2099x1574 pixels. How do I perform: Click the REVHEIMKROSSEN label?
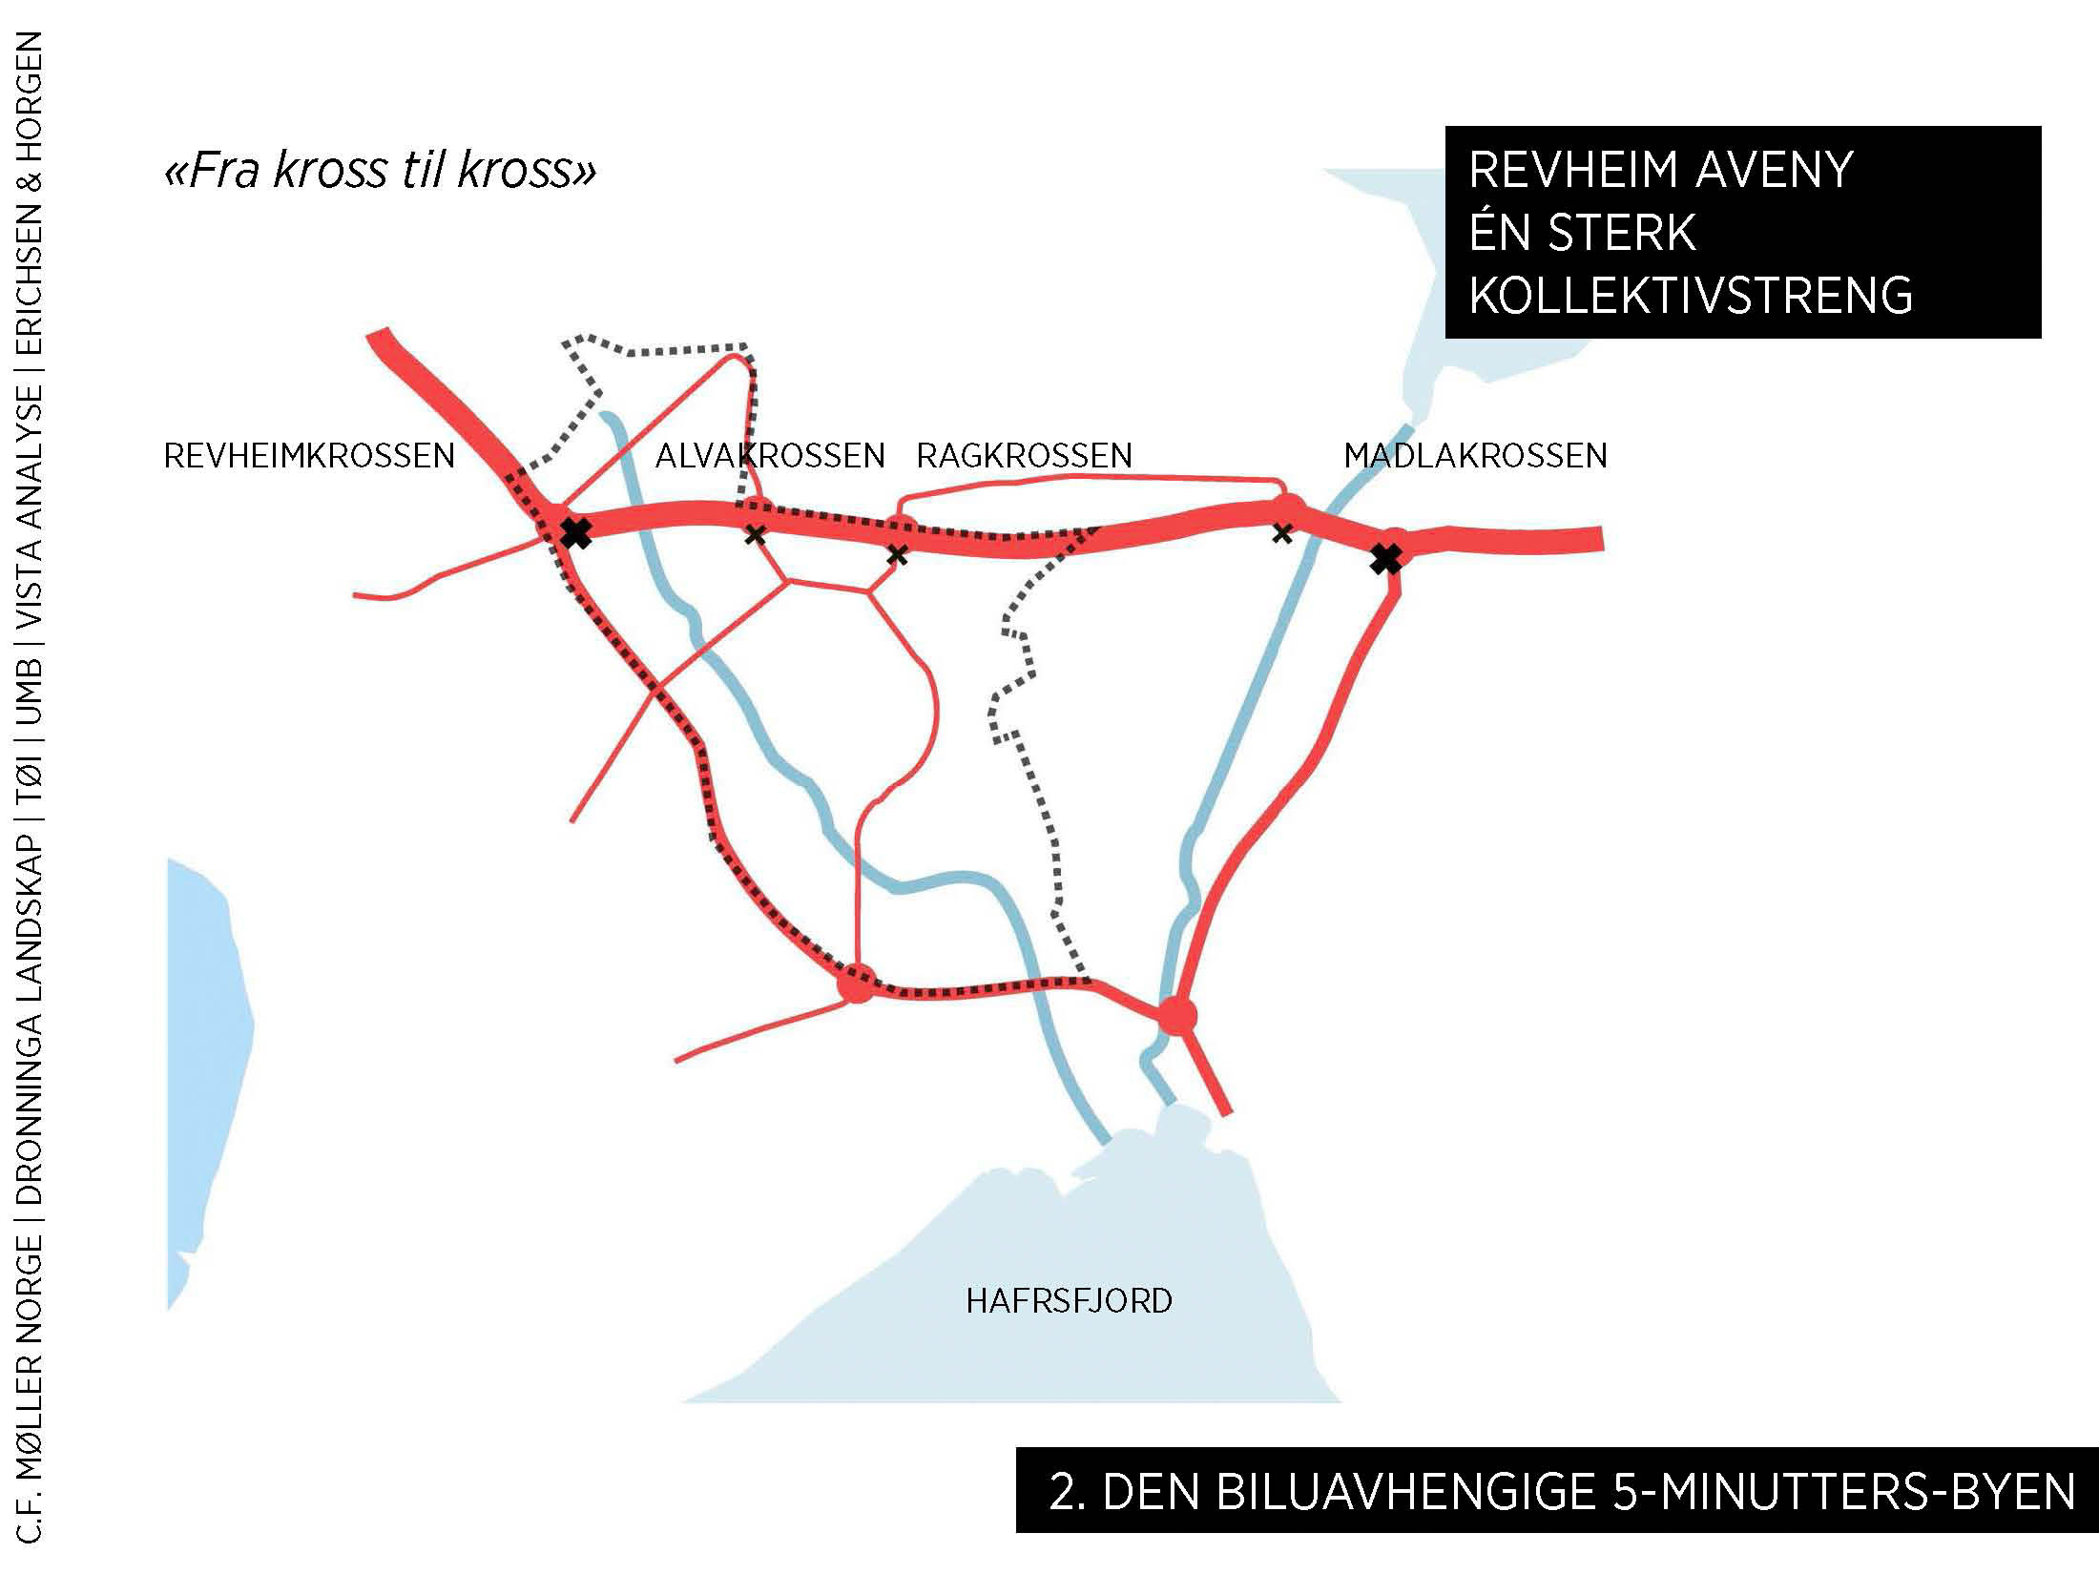click(309, 456)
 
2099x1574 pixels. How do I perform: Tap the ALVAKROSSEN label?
click(770, 456)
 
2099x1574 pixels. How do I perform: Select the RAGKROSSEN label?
click(1024, 456)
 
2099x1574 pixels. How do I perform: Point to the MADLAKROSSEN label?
click(1475, 456)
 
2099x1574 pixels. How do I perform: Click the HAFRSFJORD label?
click(1069, 1301)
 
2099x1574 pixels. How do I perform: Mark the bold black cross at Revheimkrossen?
click(575, 532)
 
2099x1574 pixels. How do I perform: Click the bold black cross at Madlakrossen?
click(1386, 558)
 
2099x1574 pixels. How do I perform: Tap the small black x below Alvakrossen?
click(755, 534)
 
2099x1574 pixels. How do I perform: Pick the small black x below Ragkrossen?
click(897, 554)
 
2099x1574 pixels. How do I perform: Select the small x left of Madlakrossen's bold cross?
click(1282, 533)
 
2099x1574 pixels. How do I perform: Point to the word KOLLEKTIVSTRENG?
click(1691, 295)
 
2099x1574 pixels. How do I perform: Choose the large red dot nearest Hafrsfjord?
click(1176, 1017)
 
